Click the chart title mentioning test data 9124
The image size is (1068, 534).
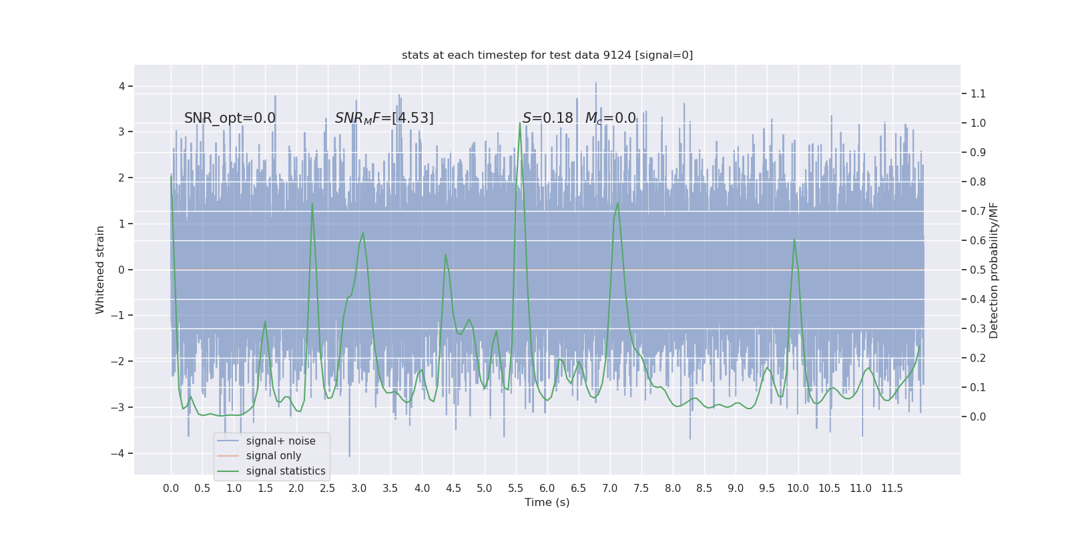pyautogui.click(x=547, y=55)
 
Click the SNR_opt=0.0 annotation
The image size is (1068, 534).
pyautogui.click(x=230, y=118)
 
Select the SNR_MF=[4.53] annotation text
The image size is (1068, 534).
pyautogui.click(x=384, y=118)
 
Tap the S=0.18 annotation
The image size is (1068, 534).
pyautogui.click(x=547, y=118)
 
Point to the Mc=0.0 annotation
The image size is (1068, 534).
pyautogui.click(x=610, y=118)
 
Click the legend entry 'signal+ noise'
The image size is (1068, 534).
pyautogui.click(x=280, y=441)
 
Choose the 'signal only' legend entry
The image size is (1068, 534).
pyautogui.click(x=274, y=456)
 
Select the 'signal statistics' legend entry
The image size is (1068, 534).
pyautogui.click(x=286, y=471)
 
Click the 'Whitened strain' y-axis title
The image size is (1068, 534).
pyautogui.click(x=100, y=270)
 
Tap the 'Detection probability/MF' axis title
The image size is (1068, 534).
pyautogui.click(x=994, y=270)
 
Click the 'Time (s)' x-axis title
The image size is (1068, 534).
pyautogui.click(x=547, y=503)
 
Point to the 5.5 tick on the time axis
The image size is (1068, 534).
pyautogui.click(x=516, y=489)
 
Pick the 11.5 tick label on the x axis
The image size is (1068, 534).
pyautogui.click(x=892, y=489)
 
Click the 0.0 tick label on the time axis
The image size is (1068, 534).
pyautogui.click(x=171, y=489)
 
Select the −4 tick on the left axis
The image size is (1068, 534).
pyautogui.click(x=121, y=453)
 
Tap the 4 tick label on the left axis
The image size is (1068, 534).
pyautogui.click(x=122, y=86)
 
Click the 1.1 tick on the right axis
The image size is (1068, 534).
pyautogui.click(x=978, y=93)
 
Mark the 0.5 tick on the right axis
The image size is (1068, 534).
pyautogui.click(x=978, y=270)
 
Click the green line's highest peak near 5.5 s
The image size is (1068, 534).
pyautogui.click(x=520, y=123)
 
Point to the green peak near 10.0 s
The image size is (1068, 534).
pyautogui.click(x=794, y=240)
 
